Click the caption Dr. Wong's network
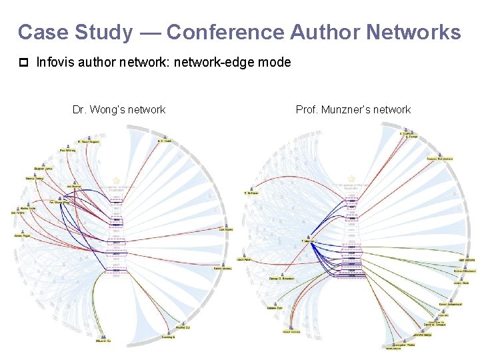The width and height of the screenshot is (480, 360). tap(119, 109)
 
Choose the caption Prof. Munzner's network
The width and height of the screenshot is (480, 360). tap(353, 109)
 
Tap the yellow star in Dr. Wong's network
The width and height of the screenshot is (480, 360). tap(116, 181)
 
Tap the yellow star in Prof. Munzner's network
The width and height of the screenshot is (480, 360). tap(351, 178)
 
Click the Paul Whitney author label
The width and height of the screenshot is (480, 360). tap(67, 151)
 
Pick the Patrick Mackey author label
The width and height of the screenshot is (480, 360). tap(223, 269)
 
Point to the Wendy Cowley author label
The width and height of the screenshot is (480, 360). tap(34, 179)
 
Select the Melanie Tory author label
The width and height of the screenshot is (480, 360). tap(275, 308)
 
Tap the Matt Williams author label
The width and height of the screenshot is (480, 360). tap(466, 260)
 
